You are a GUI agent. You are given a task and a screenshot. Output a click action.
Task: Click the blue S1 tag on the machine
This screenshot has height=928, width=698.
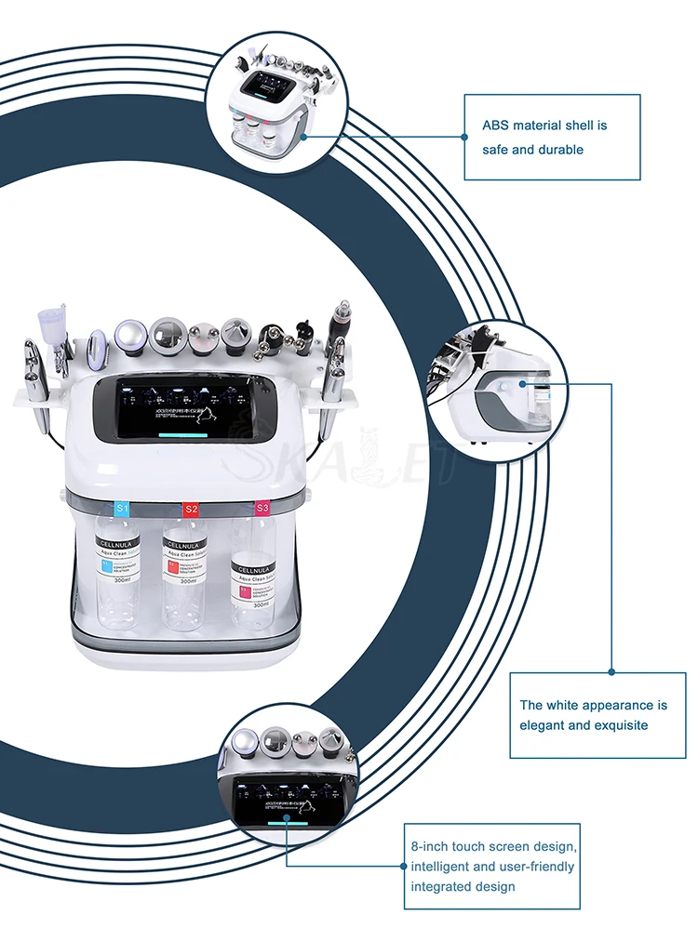coord(122,508)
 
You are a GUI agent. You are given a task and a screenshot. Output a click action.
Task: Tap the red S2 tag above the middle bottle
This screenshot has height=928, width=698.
coord(191,509)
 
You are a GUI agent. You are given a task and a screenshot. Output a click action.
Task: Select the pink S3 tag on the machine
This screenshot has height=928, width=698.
coord(262,508)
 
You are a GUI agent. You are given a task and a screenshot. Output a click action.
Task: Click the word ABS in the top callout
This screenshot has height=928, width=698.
coord(495,125)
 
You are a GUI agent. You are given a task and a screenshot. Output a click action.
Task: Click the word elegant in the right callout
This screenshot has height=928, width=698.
coord(543,724)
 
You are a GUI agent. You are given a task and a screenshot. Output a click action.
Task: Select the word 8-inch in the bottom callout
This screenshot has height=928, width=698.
coord(430,846)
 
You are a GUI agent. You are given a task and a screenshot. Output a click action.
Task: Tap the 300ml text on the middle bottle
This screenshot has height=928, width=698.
coord(187,581)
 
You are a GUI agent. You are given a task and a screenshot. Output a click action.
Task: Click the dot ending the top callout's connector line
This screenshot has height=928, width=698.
coord(464,137)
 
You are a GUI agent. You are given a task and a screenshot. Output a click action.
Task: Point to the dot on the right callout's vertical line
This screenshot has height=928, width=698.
coord(611,670)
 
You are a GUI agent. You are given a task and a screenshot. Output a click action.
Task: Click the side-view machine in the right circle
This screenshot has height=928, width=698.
coord(498,391)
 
